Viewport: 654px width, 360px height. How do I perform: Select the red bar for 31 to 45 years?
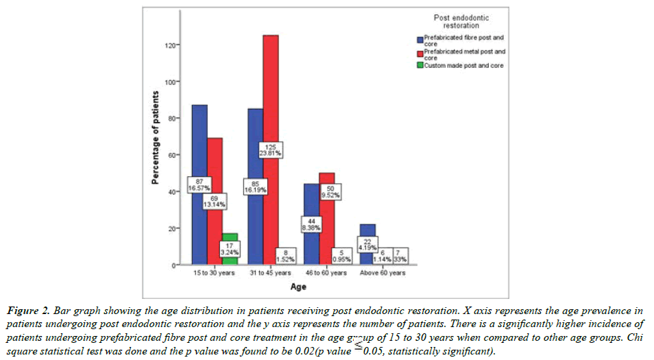(271, 103)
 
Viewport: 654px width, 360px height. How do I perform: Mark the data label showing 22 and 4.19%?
(367, 245)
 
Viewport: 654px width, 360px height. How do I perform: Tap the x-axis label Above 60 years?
(382, 273)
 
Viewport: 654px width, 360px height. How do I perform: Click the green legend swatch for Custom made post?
(419, 65)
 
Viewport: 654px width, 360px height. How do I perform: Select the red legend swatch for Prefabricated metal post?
(419, 51)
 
